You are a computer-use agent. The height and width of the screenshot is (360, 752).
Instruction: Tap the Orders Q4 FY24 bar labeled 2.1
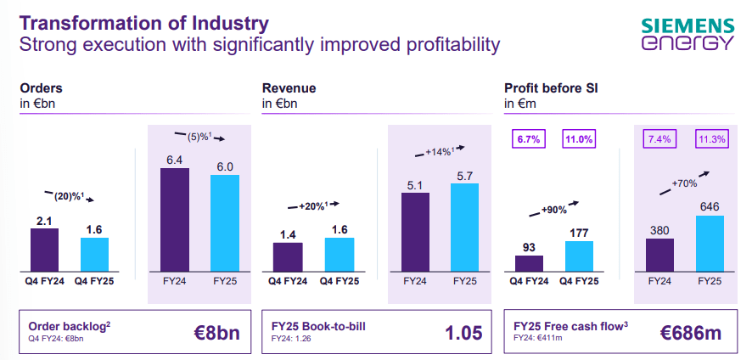44,248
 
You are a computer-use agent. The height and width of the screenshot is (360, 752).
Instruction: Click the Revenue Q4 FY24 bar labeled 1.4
287,256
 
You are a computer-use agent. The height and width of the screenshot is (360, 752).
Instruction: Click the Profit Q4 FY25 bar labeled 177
579,255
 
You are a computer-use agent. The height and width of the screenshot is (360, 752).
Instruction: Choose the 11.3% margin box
710,139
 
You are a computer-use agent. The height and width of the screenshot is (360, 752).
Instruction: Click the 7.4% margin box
660,139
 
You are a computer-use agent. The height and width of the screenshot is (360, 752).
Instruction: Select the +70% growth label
685,183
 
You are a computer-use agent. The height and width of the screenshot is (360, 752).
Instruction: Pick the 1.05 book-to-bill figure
463,332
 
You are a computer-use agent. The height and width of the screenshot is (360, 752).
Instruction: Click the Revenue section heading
287,87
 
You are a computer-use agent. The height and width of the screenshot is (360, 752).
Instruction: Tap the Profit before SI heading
547,87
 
